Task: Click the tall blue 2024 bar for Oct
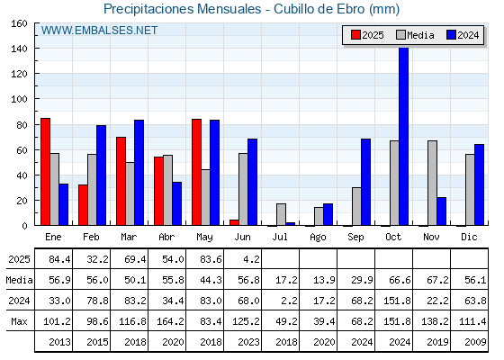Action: pos(403,136)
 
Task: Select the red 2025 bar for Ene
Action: pos(45,172)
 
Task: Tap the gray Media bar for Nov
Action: pos(432,183)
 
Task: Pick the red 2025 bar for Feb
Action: pos(83,205)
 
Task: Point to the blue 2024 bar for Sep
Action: pos(365,182)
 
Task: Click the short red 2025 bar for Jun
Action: pos(234,222)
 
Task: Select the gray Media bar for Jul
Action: pos(281,214)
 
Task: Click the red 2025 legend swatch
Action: pos(355,35)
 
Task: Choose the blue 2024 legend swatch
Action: pos(451,35)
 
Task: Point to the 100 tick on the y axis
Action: pos(19,99)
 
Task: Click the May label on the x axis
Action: pos(204,238)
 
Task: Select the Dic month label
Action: pos(469,237)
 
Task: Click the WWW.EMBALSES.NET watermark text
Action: pos(99,31)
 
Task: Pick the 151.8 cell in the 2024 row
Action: pos(397,301)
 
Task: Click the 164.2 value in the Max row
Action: pos(170,321)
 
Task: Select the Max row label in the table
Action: pos(19,321)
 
